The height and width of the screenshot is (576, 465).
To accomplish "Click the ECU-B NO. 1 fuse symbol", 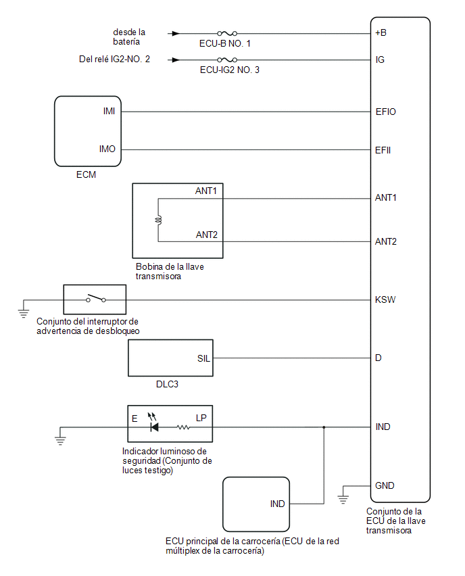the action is pos(227,33).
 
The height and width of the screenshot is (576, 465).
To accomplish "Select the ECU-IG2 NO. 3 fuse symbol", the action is pos(227,59).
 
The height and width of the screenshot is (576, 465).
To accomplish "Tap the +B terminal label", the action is pos(381,32).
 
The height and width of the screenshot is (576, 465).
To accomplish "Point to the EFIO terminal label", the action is pos(386,112).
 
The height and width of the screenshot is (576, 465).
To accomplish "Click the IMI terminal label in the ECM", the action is pos(109,111).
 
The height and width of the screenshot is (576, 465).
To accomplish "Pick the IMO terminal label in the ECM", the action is pos(107,149).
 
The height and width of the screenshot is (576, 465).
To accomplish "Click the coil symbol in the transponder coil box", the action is pos(158,220).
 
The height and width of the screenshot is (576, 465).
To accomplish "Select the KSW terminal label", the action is pos(385,299).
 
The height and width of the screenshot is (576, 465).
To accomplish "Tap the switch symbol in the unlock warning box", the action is pos(96,298).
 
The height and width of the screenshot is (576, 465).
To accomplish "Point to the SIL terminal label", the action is pos(203,358).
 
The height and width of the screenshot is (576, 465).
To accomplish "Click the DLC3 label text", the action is pos(167,384).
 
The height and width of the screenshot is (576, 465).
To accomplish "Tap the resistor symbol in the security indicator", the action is pos(183,427).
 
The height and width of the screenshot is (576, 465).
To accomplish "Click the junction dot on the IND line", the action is pos(324,427).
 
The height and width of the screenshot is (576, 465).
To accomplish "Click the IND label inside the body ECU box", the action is pos(278,504).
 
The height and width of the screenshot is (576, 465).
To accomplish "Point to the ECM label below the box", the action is pos(87,174).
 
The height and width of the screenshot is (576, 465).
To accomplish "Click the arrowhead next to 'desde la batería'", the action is pos(176,33).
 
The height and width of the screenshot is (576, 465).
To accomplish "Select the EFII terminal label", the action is pos(383,150).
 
